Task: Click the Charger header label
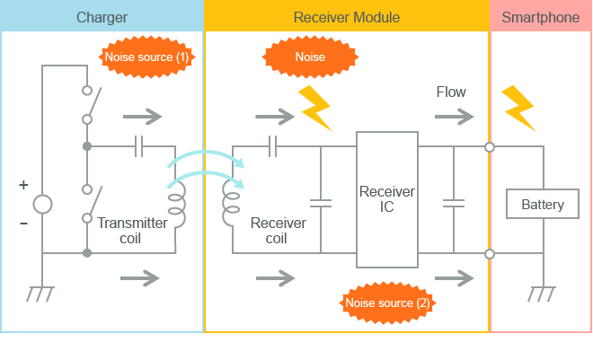coord(102,17)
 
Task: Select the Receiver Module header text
coord(347,17)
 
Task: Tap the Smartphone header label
coord(541,17)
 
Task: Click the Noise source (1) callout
coord(146,57)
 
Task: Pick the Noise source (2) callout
coord(388,303)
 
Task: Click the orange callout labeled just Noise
coord(310,57)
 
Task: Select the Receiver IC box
coord(387,199)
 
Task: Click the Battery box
coord(543,204)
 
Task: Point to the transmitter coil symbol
coord(177,205)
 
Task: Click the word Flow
coord(451,92)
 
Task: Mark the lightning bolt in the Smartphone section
coord(518,108)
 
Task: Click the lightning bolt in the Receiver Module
coord(315,108)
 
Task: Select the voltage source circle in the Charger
coord(42,204)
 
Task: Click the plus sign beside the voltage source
coord(23,185)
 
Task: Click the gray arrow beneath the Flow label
coord(454,117)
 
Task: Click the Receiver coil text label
coord(278,231)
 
